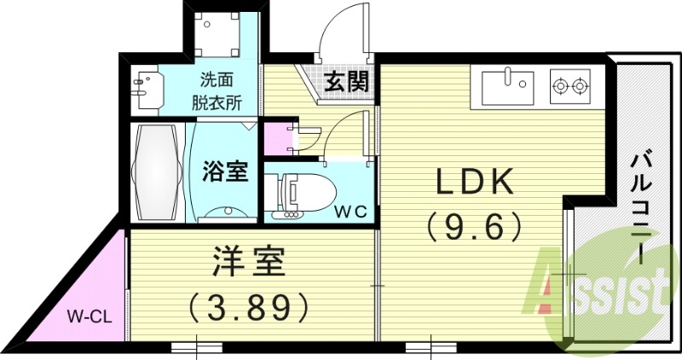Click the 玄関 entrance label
click(346, 82)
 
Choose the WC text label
click(350, 211)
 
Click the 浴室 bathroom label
click(225, 171)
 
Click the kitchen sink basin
click(507, 86)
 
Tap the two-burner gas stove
click(570, 84)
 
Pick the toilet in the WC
click(298, 194)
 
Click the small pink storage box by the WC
click(276, 139)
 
